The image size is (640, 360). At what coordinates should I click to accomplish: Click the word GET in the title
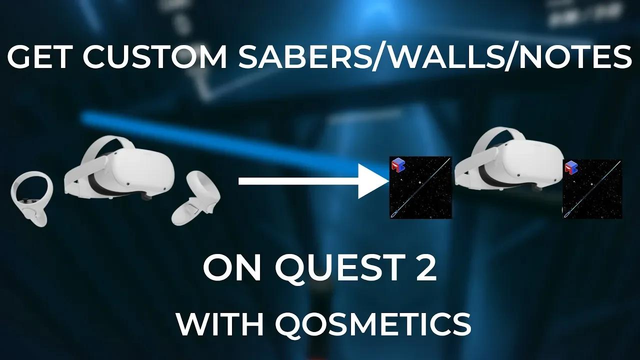(39, 58)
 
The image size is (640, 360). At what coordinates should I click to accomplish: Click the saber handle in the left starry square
(396, 214)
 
